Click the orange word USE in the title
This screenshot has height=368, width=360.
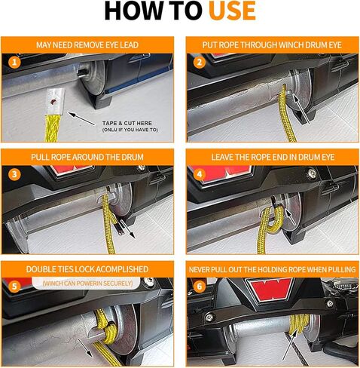coord(232,11)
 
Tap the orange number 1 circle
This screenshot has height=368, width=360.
coord(14,62)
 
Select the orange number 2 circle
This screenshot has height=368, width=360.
coord(200,62)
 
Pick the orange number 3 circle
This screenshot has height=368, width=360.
coord(14,174)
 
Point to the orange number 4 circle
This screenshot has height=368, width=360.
coord(200,174)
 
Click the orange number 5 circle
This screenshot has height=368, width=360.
coord(14,287)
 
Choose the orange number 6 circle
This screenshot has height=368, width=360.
coord(200,287)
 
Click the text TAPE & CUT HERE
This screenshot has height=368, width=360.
coord(127,123)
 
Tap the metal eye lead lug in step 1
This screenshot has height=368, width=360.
coord(55,103)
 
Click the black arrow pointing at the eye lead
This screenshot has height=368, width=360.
coord(81,118)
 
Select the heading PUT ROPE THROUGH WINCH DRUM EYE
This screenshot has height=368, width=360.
coord(272,45)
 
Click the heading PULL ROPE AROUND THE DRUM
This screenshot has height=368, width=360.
coord(87,157)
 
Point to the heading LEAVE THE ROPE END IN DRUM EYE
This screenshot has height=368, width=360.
coord(273,157)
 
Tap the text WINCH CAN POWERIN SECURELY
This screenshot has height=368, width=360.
coord(87,284)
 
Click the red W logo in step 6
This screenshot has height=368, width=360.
coord(270,289)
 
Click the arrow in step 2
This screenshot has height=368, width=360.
coord(301,109)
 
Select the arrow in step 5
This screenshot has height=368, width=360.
coord(85,348)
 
